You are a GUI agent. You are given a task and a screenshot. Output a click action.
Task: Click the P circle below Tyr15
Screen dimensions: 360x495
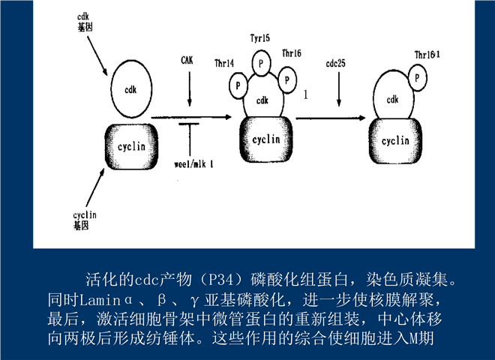pos(260,62)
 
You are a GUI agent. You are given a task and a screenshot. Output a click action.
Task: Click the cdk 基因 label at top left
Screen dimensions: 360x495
pos(85,20)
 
